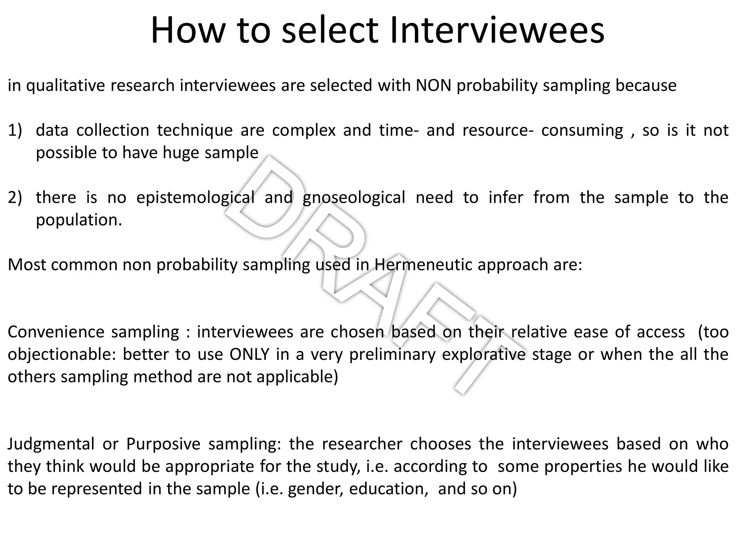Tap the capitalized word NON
[434, 86]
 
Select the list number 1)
[15, 131]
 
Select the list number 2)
[15, 198]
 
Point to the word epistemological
[196, 198]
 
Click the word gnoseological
[354, 198]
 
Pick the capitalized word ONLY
[249, 354]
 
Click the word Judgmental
[51, 444]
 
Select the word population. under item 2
[79, 220]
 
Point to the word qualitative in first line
[65, 86]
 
